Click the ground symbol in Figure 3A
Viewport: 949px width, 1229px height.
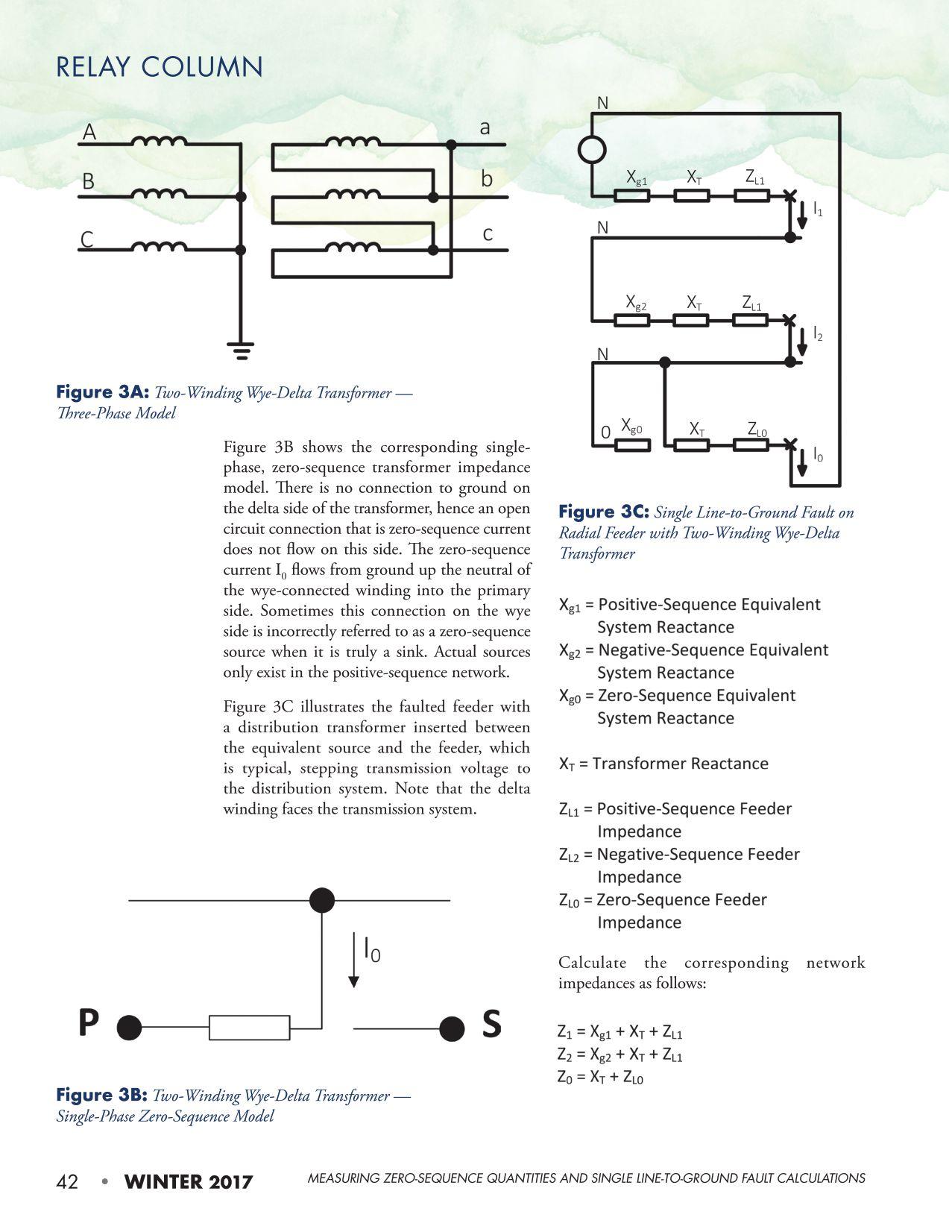pos(240,350)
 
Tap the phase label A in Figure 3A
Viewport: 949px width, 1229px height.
pos(89,133)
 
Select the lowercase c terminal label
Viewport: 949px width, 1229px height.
pos(487,234)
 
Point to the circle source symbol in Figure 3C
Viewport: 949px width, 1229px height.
pos(593,149)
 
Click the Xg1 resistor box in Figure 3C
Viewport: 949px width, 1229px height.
pos(631,195)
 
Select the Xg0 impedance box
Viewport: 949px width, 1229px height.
pos(631,445)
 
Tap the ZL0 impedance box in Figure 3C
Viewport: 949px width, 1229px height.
pos(751,445)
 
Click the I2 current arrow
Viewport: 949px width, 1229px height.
pos(802,342)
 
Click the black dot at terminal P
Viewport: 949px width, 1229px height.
pos(129,1028)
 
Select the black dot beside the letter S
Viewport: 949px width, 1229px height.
pos(451,1028)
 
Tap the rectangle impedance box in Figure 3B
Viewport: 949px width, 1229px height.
pos(249,1028)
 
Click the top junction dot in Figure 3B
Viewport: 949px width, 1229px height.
pos(322,900)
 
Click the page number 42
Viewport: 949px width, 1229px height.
pos(67,1182)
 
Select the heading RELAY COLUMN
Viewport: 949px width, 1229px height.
pos(160,67)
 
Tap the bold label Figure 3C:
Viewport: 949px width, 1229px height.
pos(605,512)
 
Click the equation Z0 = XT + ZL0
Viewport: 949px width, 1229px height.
pos(600,1077)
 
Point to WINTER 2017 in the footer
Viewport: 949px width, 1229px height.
pos(189,1182)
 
